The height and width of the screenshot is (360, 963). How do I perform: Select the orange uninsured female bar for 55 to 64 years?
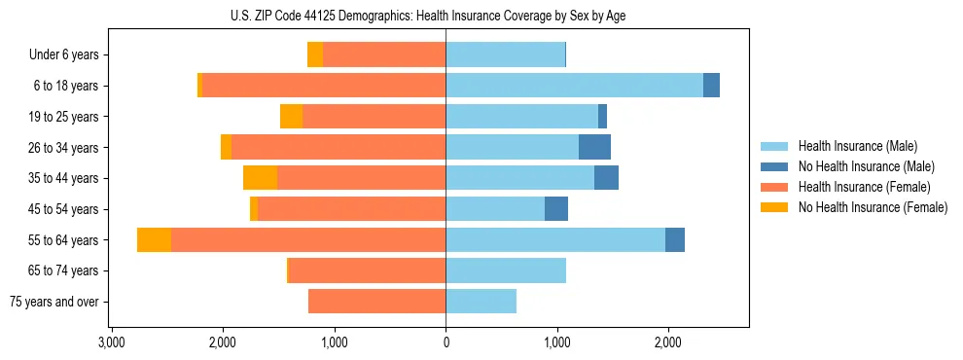(154, 239)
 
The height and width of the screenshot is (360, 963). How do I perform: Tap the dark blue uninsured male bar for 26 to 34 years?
(594, 147)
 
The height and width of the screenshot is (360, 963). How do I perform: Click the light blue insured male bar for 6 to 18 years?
(574, 86)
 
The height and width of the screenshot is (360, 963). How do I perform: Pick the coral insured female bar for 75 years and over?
(376, 302)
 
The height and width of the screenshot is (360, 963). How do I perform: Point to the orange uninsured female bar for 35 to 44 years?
(260, 178)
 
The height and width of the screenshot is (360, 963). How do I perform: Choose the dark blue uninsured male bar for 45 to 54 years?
(556, 209)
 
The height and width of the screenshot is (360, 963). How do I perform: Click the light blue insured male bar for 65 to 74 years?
(506, 270)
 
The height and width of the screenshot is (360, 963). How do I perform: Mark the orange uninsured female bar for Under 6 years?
(315, 54)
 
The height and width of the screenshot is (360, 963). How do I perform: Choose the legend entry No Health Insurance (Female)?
(873, 207)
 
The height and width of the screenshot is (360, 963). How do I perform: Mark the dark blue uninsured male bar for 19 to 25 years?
(602, 117)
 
